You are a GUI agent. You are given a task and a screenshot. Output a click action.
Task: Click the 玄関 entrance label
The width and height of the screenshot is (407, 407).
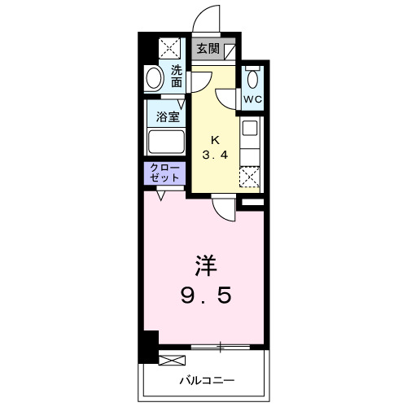[208, 49]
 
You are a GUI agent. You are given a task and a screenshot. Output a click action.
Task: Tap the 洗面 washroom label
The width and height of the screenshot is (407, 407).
[177, 77]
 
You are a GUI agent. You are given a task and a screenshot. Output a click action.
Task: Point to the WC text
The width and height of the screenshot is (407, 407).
[253, 101]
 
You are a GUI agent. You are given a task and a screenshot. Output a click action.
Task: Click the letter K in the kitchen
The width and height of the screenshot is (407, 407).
[216, 138]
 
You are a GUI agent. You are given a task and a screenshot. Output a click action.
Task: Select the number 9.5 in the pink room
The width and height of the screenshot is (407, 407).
[205, 295]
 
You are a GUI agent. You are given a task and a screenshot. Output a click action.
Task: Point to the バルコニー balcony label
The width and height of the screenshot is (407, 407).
[207, 380]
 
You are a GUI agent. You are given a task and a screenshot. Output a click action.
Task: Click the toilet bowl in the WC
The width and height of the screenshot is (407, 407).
[253, 80]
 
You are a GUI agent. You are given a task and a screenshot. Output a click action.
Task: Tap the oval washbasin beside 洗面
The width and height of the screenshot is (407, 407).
[154, 78]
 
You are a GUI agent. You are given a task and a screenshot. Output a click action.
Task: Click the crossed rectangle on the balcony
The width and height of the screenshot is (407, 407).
[173, 359]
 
